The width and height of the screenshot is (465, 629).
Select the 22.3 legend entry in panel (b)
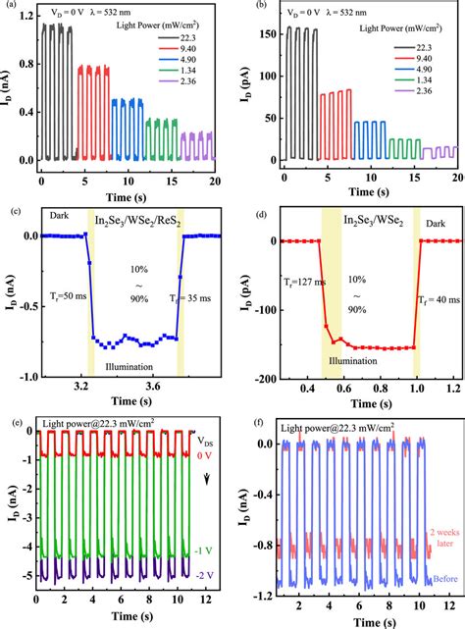click(x=429, y=46)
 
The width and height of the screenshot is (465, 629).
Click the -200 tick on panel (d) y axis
click(x=259, y=377)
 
